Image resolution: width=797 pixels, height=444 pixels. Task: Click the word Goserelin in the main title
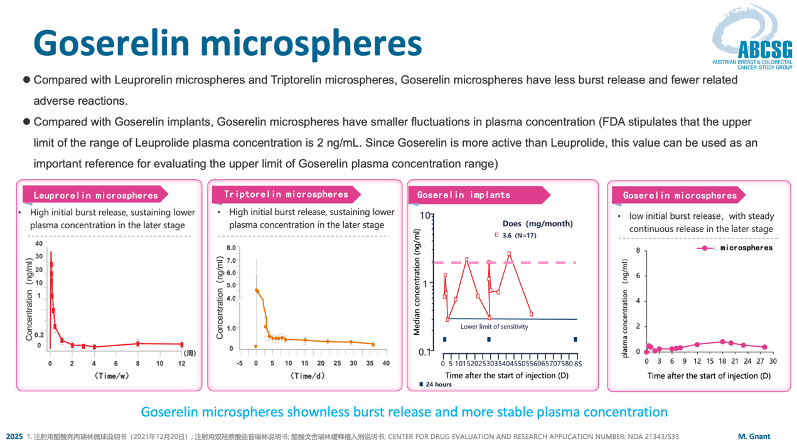pos(111,43)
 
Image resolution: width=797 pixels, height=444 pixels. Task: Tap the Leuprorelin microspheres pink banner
pos(95,195)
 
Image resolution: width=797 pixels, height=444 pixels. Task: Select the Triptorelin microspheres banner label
pos(286,194)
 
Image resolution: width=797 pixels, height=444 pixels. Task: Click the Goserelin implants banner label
pos(464,195)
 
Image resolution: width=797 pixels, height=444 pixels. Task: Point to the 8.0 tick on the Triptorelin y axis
pos(232,248)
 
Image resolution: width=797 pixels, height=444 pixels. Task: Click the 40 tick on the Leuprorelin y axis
pos(39,243)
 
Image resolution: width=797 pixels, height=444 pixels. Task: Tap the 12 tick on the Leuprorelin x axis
pos(181,363)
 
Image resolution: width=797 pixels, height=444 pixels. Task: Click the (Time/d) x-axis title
pos(308,376)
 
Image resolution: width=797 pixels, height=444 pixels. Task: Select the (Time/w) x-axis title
pos(111,376)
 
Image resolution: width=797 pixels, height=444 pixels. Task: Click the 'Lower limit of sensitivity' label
pos(495,327)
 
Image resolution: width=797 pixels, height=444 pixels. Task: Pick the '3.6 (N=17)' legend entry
pos(516,235)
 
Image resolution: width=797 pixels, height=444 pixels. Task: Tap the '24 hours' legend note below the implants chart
pos(436,384)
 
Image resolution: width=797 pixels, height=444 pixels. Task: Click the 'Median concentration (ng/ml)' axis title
pos(417,282)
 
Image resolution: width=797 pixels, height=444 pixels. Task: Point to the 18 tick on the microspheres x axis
pos(722,361)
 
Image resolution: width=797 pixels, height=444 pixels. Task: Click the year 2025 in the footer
pos(14,436)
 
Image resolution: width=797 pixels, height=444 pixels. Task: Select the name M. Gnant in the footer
pos(754,436)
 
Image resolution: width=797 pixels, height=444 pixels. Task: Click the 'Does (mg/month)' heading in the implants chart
pos(538,224)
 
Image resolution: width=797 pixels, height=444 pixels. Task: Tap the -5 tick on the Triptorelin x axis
pos(240,363)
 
